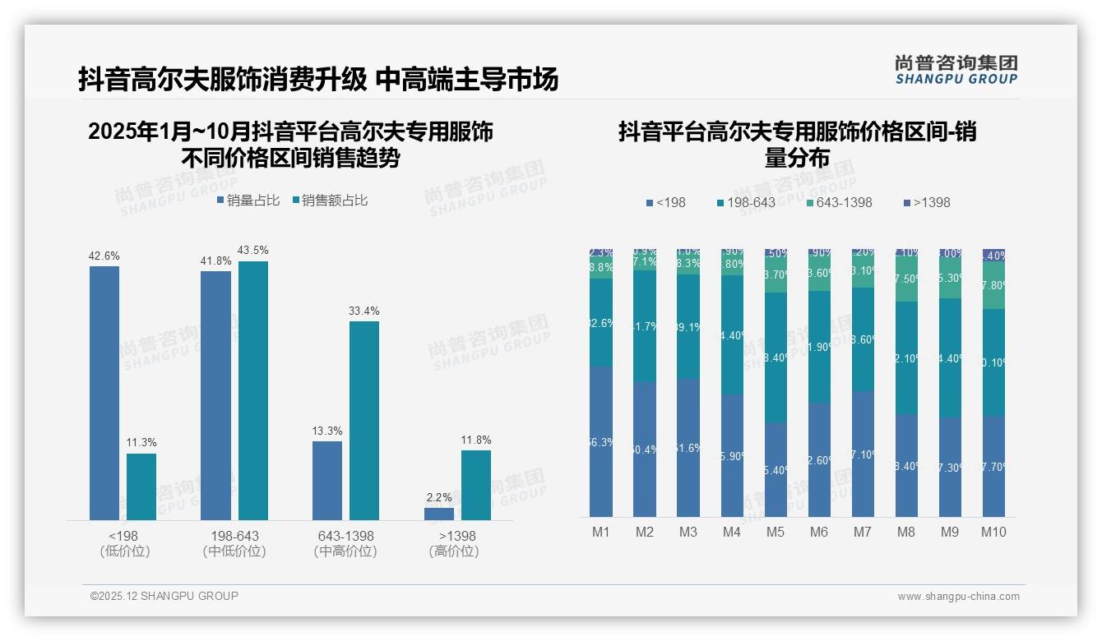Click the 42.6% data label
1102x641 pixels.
click(104, 256)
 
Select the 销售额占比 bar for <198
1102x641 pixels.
click(141, 487)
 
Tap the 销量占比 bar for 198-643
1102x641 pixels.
click(215, 395)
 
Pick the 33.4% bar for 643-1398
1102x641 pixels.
click(364, 420)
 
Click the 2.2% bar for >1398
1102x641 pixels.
click(439, 514)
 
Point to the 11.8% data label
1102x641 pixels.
click(476, 440)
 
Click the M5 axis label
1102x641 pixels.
click(776, 532)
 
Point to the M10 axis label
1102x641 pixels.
click(993, 532)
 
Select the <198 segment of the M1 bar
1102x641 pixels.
click(601, 441)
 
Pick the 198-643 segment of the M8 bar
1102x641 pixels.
click(906, 357)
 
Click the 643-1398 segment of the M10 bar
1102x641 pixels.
click(993, 285)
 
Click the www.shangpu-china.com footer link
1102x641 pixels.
click(958, 597)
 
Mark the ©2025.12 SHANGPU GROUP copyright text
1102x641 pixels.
click(164, 596)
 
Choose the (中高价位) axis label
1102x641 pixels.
click(345, 551)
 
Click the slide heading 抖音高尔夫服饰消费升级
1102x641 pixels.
click(222, 80)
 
